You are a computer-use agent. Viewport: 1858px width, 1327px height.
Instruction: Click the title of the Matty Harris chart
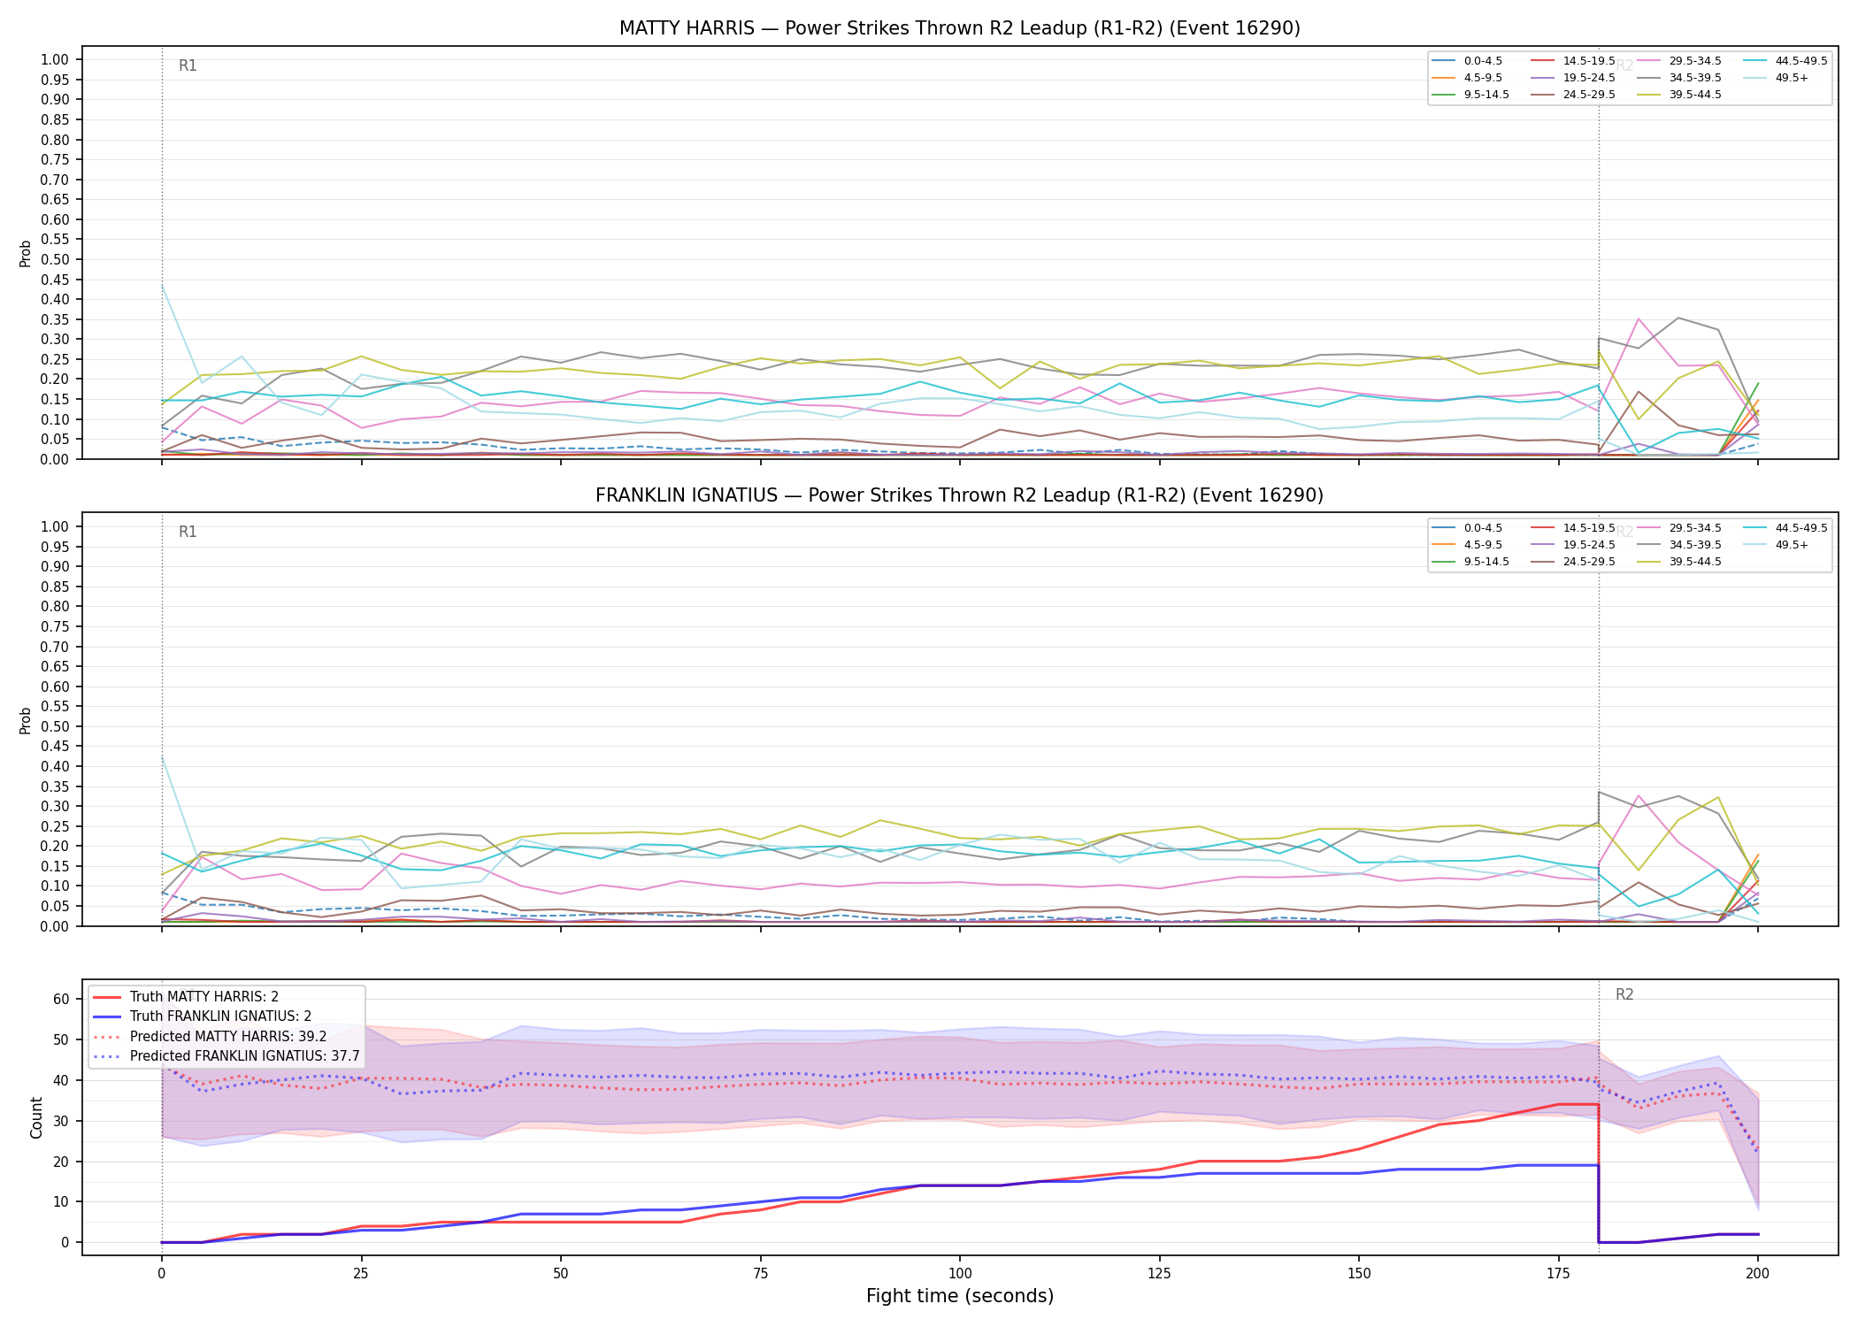959,28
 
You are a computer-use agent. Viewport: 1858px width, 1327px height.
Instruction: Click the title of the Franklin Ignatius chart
959,495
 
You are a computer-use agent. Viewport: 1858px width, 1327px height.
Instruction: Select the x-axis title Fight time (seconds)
960,1296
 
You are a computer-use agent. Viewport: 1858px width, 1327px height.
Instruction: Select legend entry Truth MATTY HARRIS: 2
204,997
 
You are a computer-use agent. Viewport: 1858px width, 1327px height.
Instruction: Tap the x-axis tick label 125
1159,1274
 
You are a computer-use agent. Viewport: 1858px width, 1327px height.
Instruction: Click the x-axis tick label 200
1757,1274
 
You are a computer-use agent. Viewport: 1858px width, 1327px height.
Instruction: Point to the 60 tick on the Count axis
61,1000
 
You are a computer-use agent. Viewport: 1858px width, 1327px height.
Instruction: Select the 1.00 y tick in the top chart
55,60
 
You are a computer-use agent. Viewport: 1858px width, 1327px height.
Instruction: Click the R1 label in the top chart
188,65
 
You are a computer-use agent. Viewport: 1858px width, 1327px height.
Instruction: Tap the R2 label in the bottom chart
1624,994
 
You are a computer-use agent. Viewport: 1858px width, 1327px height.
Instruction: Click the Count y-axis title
36,1117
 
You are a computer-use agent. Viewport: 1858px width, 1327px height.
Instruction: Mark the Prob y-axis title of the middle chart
26,720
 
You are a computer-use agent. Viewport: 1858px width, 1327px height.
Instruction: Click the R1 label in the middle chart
188,532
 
